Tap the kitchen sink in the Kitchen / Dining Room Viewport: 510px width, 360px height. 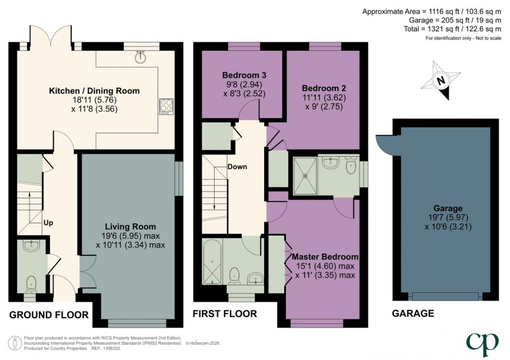click(x=140, y=57)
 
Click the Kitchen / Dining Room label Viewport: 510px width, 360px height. click(x=94, y=91)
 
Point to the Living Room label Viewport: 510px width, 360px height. click(x=130, y=226)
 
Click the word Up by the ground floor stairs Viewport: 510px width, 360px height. click(x=50, y=223)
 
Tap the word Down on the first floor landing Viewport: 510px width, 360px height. click(x=237, y=167)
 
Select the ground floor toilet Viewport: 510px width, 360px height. click(x=31, y=282)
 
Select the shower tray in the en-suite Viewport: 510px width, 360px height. click(x=304, y=174)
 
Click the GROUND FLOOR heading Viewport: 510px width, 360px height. click(x=48, y=315)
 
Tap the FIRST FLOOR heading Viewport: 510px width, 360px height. click(x=225, y=315)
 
